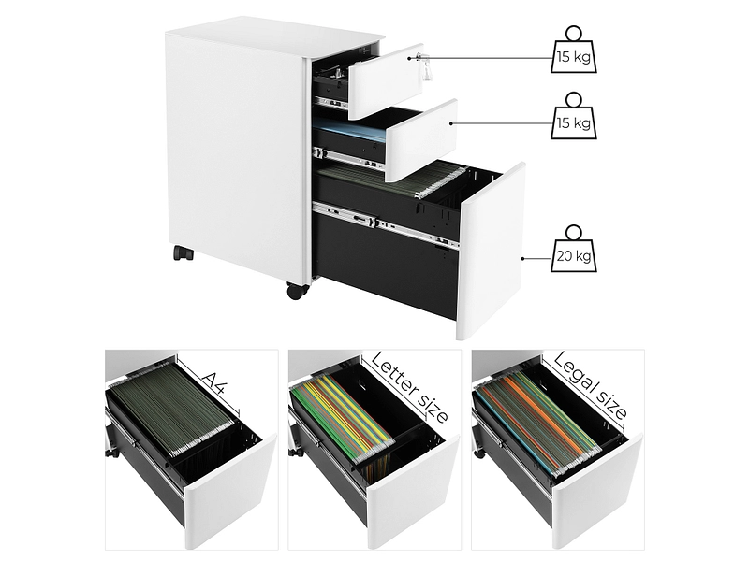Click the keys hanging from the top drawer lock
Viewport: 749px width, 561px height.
423,66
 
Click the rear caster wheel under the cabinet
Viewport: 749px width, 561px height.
183,252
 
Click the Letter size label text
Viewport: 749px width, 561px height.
409,387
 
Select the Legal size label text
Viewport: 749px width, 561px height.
591,386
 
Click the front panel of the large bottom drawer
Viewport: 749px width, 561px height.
491,252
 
